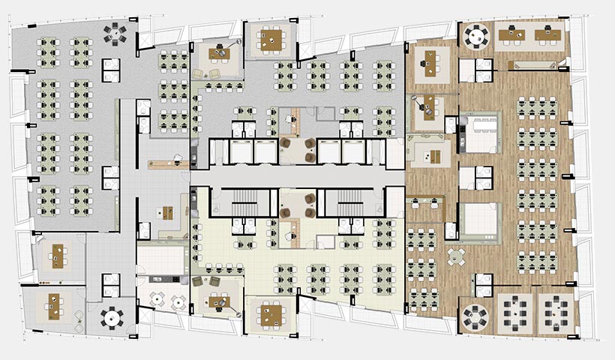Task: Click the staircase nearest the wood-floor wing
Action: [352, 201]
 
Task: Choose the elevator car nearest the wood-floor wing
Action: [354, 152]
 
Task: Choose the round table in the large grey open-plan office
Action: [115, 32]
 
